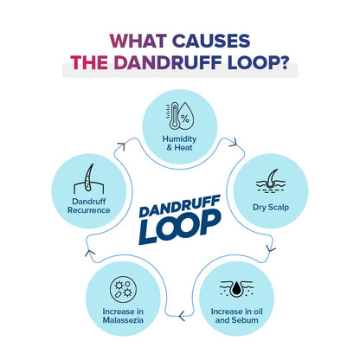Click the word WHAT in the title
click(x=138, y=41)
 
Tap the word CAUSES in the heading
click(x=211, y=41)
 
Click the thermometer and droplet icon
click(x=179, y=116)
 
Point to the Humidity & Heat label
click(x=179, y=143)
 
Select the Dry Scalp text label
click(x=271, y=207)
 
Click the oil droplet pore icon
click(x=236, y=289)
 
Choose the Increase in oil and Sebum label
click(x=236, y=316)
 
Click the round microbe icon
click(x=123, y=289)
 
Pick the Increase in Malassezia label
click(x=123, y=316)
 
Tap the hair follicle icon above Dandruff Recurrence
click(x=88, y=178)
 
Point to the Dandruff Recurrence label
click(x=88, y=206)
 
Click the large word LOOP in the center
click(x=180, y=227)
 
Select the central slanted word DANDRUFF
click(x=179, y=206)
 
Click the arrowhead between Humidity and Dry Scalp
click(x=234, y=142)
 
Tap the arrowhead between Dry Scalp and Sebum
click(x=271, y=248)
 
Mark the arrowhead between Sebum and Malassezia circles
click(x=182, y=316)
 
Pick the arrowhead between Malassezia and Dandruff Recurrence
click(x=90, y=253)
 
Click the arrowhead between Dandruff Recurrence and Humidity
click(x=122, y=145)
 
